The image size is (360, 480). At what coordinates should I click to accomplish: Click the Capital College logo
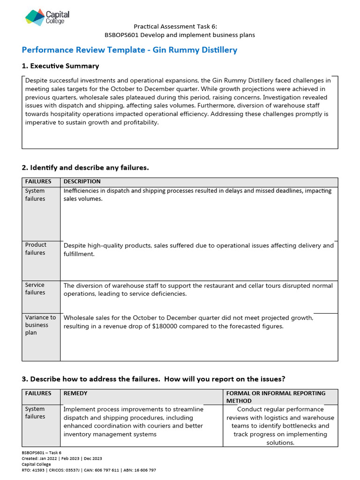47,17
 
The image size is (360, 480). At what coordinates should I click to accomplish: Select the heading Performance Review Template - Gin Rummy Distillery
129,50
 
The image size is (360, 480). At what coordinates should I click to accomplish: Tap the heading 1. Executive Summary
60,66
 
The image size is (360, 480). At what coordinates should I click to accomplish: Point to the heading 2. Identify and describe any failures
85,167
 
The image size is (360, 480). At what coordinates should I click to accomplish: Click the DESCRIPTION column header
82,181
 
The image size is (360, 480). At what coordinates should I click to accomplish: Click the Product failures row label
36,248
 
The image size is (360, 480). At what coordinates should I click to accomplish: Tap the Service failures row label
36,289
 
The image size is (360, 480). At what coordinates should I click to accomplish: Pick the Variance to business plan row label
40,325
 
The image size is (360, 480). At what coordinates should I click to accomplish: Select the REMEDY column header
75,393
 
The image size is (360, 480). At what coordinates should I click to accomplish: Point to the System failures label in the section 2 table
36,195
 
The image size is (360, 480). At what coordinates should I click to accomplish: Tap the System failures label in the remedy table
36,412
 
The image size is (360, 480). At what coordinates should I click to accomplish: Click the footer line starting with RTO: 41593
89,470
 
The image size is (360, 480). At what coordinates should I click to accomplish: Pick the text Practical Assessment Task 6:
175,27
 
